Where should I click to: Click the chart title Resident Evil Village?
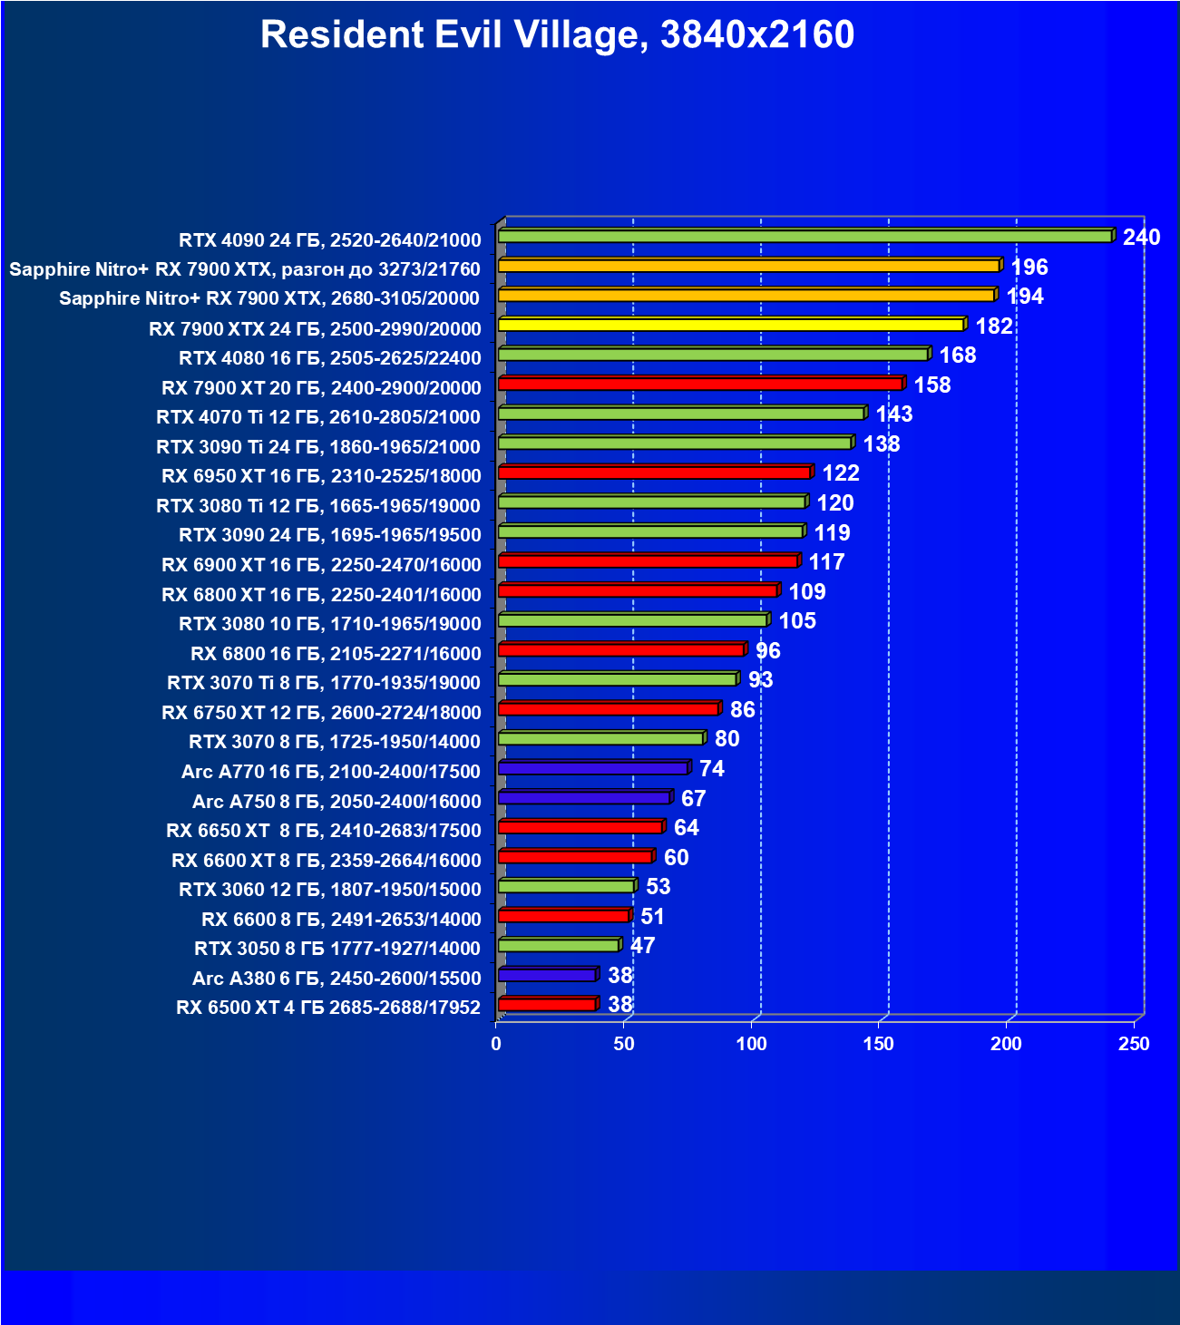pos(557,35)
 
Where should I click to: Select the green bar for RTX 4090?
pos(805,236)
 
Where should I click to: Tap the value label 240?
pos(1141,238)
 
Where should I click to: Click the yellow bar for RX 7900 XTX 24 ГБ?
pos(730,325)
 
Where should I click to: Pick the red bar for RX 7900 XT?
pos(699,384)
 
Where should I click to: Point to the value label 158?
pos(931,385)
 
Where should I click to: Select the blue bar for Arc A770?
pos(592,768)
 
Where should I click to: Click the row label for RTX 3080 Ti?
pos(318,505)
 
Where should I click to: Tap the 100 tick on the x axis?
pos(751,1044)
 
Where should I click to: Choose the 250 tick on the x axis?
pos(1134,1044)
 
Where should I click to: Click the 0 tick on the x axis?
pos(496,1044)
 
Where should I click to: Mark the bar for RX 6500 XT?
pos(546,1004)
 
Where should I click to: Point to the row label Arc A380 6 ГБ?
pos(336,978)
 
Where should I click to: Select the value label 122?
pos(840,473)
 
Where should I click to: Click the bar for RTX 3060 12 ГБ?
pos(566,886)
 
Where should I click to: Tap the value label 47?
pos(642,946)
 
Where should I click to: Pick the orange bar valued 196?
pos(748,266)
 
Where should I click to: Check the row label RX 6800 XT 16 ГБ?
pos(321,594)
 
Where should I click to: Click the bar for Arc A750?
pos(583,798)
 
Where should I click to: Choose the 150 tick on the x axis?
pos(878,1044)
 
